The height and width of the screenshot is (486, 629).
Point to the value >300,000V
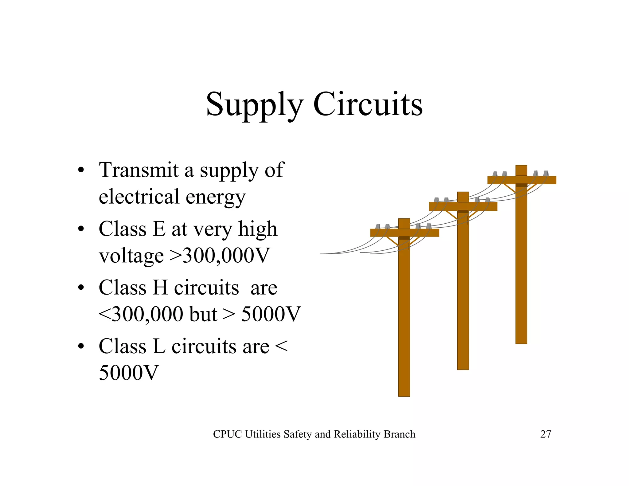point(219,255)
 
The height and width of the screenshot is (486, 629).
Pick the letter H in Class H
point(160,288)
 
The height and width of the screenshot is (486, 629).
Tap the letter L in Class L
point(159,347)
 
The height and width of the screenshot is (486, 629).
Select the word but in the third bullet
point(203,314)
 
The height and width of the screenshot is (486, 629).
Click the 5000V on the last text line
point(128,373)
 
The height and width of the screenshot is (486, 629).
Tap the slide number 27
point(545,434)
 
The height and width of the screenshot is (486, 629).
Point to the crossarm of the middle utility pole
point(442,206)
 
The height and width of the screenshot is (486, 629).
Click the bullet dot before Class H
point(81,288)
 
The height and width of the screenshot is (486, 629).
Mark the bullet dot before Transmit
point(81,170)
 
